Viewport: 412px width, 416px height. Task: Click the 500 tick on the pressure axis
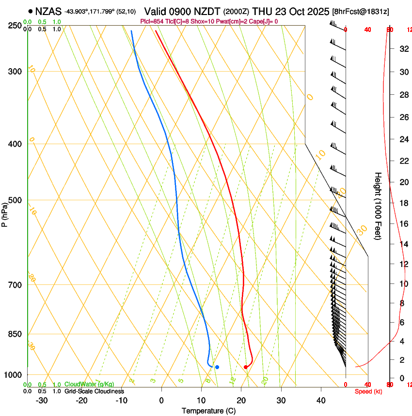(16, 200)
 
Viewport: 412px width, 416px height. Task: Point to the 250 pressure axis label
(16, 26)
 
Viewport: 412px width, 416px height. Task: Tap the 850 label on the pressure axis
(16, 334)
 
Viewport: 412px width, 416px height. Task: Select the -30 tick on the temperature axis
(42, 401)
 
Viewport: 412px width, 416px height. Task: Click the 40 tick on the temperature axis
(321, 401)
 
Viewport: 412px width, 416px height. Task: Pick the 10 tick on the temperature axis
(201, 401)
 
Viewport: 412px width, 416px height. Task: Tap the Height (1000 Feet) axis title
(378, 206)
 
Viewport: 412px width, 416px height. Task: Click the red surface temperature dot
(246, 367)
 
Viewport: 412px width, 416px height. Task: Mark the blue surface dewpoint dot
(217, 367)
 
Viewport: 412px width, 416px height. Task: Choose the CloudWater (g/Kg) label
(89, 385)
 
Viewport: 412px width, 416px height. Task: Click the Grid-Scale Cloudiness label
(94, 391)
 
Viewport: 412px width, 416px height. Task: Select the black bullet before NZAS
(31, 11)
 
